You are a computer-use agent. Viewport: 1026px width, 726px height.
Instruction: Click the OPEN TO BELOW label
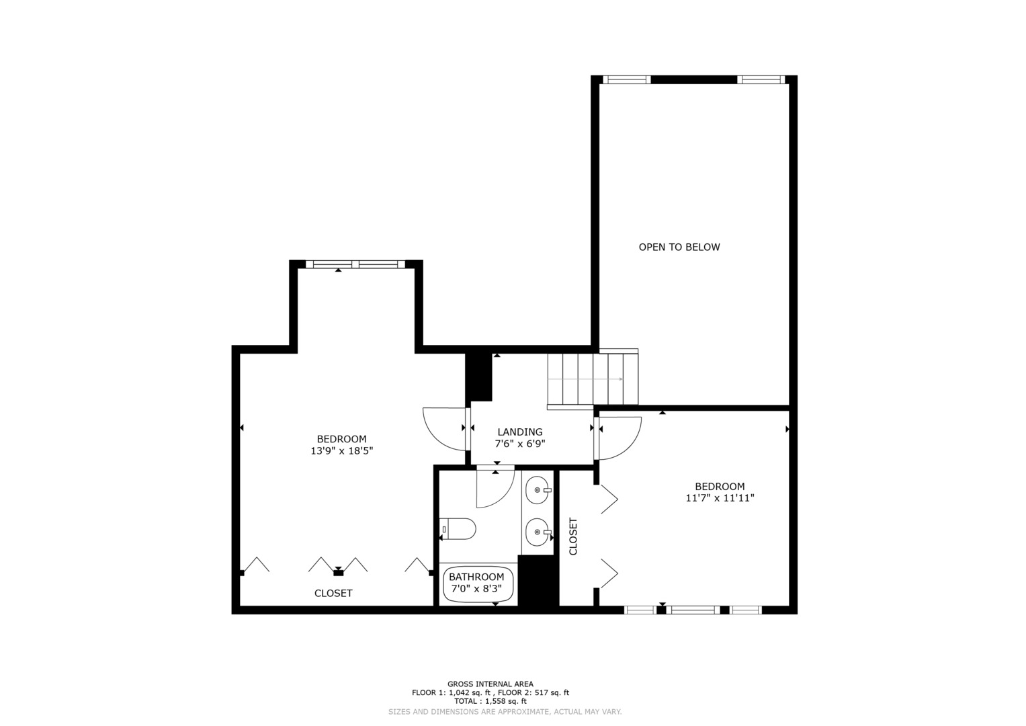point(679,247)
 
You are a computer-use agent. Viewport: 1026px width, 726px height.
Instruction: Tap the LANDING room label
point(520,432)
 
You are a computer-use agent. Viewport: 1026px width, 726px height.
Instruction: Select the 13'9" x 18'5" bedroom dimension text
point(342,450)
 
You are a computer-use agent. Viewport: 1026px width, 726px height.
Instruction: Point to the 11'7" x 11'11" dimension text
point(720,497)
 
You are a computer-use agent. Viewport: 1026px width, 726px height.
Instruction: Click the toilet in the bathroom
point(458,529)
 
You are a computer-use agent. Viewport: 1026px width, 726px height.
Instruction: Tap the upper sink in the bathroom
point(538,490)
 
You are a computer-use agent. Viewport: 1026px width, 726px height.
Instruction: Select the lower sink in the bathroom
point(538,532)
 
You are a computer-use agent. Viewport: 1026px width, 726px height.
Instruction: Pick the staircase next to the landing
point(593,378)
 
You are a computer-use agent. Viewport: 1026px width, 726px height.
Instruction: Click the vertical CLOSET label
point(573,536)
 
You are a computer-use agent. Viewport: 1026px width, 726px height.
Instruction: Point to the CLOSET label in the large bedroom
point(333,593)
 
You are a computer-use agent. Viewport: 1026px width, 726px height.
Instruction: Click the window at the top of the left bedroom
point(355,264)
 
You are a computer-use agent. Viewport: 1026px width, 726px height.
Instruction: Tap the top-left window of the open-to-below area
point(627,79)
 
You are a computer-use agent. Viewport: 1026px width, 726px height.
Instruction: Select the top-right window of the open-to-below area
point(761,79)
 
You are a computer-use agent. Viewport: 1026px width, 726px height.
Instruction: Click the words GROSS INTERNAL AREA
point(490,684)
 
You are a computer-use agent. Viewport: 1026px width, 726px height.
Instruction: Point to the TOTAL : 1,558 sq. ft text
point(490,701)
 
